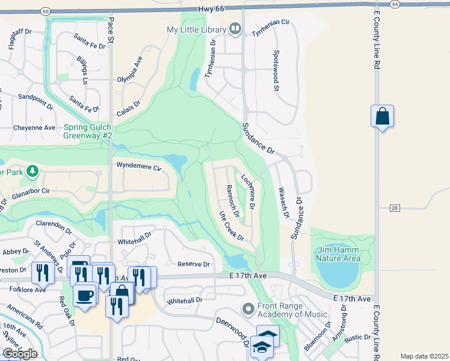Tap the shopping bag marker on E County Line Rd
383,116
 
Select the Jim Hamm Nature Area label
338,254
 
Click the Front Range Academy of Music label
292,310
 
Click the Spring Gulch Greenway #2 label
88,131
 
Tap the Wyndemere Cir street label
138,167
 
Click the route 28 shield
394,208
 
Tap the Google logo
19,353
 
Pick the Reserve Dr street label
193,264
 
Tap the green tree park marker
32,171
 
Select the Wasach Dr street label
283,202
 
